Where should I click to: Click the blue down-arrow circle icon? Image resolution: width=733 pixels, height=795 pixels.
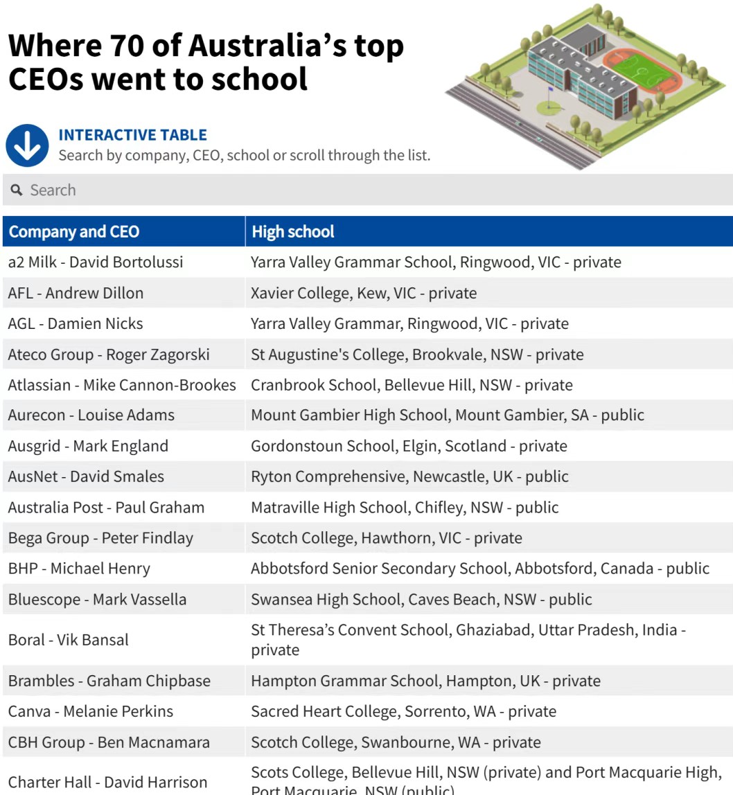(x=27, y=145)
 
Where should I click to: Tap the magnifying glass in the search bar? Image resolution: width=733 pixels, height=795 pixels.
(x=17, y=190)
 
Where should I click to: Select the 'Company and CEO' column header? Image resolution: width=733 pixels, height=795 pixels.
(x=73, y=231)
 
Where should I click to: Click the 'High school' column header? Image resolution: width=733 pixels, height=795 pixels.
(x=292, y=231)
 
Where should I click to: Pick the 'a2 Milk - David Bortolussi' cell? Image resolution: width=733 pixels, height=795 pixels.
(x=96, y=262)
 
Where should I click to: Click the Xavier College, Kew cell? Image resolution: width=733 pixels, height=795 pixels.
(x=364, y=293)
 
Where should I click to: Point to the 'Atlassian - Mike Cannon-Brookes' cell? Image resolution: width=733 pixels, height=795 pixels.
(x=122, y=385)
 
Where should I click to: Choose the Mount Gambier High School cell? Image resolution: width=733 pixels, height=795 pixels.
(x=447, y=416)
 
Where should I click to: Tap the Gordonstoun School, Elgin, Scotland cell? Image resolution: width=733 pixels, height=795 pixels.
(x=409, y=446)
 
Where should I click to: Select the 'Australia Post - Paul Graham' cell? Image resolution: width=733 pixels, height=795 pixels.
(x=106, y=508)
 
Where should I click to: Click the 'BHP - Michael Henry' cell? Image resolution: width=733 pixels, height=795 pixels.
(x=79, y=569)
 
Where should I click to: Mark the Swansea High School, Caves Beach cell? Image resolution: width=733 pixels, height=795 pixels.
(x=421, y=599)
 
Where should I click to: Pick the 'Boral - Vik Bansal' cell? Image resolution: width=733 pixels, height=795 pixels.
(x=68, y=640)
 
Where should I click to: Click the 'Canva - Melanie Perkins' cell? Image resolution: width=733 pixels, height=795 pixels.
(x=91, y=711)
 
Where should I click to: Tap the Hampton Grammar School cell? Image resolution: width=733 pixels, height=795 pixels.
(x=425, y=681)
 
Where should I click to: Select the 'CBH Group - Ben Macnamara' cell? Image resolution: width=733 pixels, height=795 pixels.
(x=109, y=742)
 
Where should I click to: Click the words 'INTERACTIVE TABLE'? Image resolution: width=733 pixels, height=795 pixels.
(x=132, y=135)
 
